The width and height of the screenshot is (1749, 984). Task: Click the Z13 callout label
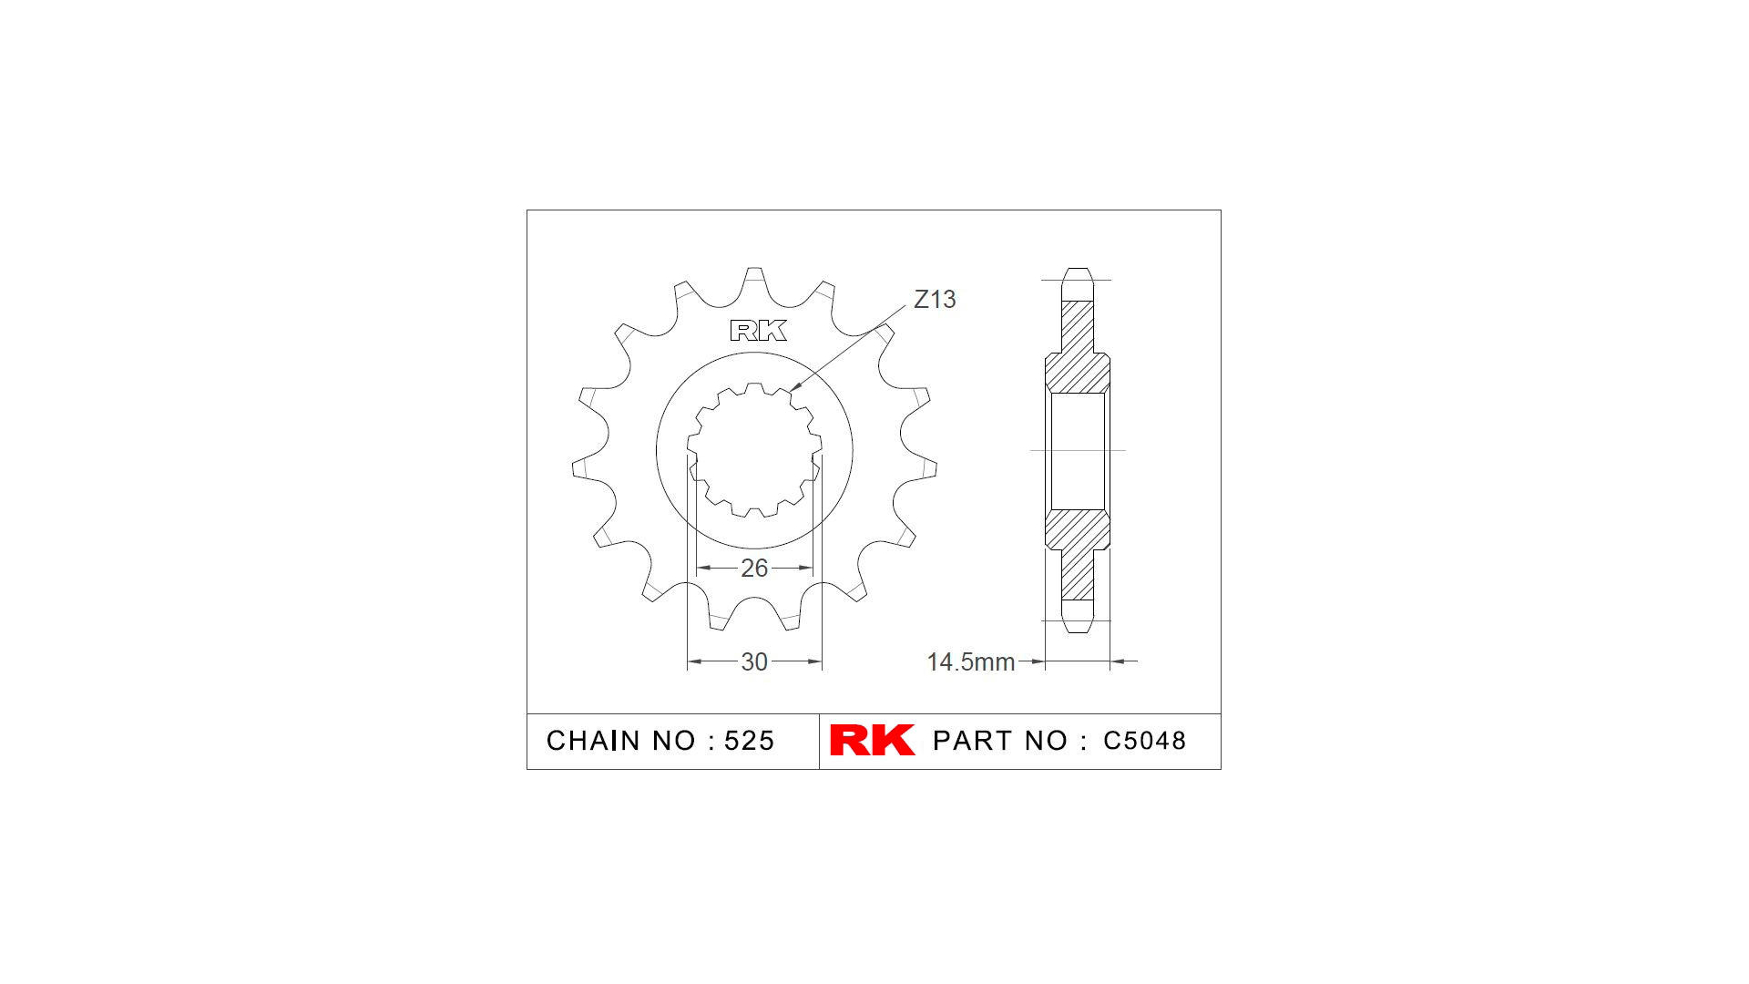click(x=935, y=299)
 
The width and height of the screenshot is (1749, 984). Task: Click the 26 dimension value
click(x=754, y=568)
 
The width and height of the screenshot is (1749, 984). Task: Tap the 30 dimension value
click(x=754, y=661)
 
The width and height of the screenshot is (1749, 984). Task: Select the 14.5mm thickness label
click(x=970, y=661)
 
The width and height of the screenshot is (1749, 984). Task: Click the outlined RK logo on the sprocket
click(x=758, y=331)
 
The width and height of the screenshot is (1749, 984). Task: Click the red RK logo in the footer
click(x=872, y=740)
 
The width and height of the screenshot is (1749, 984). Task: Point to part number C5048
click(x=1144, y=741)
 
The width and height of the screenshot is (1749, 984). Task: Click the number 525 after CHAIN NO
click(x=749, y=741)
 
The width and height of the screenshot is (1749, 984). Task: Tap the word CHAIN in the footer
click(x=595, y=741)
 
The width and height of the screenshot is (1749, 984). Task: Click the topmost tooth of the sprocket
click(x=754, y=279)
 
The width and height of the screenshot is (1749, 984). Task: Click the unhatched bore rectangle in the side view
click(x=1078, y=450)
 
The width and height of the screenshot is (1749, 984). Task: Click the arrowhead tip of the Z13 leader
click(x=791, y=391)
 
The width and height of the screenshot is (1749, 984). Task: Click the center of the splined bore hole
click(x=754, y=450)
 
